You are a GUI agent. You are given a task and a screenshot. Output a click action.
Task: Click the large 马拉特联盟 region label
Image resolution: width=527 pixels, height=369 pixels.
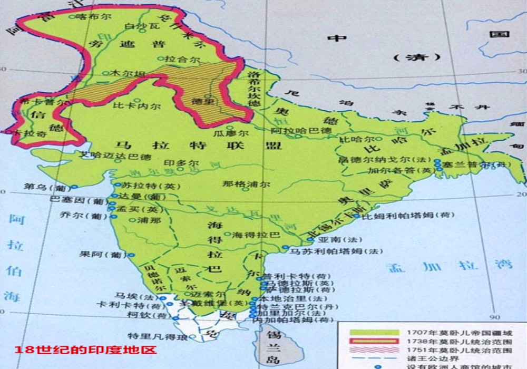point(200,145)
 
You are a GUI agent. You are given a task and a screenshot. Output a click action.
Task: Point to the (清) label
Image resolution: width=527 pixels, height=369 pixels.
point(411,57)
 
